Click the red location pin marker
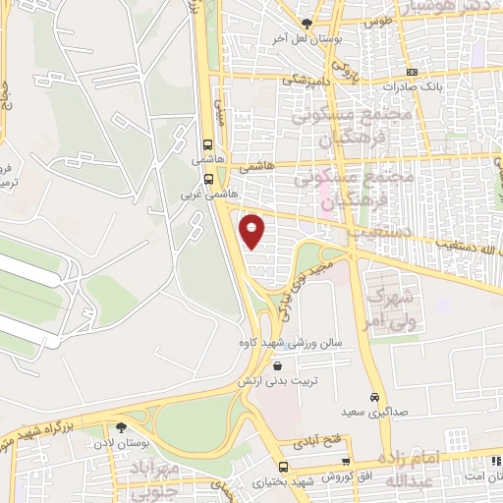click(x=253, y=231)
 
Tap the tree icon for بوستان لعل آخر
click(x=307, y=23)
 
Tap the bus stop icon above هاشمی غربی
click(x=208, y=178)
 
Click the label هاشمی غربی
click(x=196, y=195)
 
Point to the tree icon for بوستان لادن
click(x=121, y=427)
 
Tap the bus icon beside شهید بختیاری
click(x=283, y=467)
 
